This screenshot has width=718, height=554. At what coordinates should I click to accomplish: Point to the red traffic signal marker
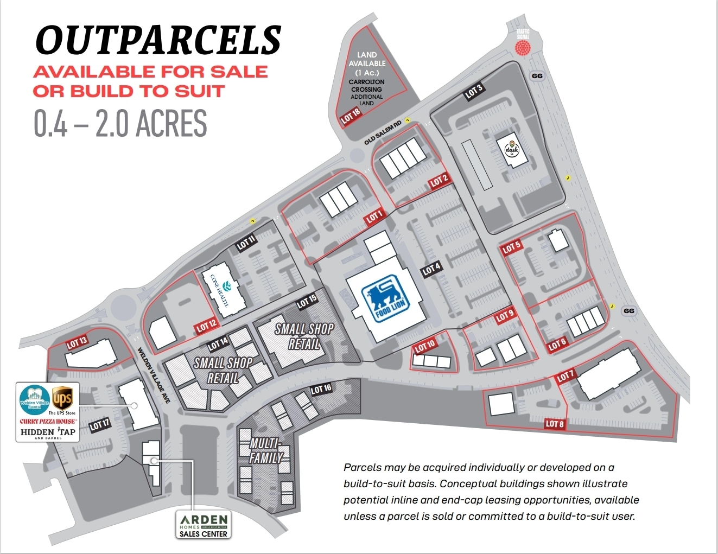pos(523,48)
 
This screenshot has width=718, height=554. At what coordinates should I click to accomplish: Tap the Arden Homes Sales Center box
pos(204,525)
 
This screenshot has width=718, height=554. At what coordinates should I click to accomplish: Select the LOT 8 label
pos(555,424)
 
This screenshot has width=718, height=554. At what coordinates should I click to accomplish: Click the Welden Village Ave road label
pos(154,375)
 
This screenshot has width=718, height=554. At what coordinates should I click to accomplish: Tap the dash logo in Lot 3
pos(511,149)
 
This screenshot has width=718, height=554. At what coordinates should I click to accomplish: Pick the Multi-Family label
pos(265,451)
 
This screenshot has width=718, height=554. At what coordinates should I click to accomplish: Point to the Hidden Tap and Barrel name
pos(48,432)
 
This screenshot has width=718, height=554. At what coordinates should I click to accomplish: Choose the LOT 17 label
pos(100,424)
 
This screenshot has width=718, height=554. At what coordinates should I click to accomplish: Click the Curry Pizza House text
pos(48,421)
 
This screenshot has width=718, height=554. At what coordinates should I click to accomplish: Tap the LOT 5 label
pos(511,248)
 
